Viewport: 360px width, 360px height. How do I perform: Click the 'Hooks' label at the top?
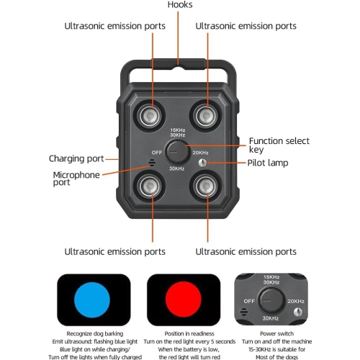tap(180, 4)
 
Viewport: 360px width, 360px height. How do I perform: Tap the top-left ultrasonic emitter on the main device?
tap(150, 116)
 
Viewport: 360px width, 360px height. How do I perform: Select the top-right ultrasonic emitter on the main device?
tap(206, 116)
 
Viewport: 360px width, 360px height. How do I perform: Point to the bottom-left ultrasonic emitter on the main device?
tap(150, 186)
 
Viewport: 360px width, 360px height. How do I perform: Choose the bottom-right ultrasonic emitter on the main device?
tap(206, 186)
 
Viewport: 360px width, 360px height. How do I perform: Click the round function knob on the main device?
tap(178, 152)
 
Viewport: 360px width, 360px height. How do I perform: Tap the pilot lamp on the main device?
tap(203, 163)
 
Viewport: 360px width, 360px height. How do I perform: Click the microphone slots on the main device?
tap(152, 163)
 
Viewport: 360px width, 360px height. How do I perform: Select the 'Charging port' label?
tap(76, 158)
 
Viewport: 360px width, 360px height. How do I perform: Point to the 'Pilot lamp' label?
tap(268, 163)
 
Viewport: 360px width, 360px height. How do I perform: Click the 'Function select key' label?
tap(279, 145)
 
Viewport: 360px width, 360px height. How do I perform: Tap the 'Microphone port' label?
tap(76, 179)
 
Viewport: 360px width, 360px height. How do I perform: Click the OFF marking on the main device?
tap(157, 153)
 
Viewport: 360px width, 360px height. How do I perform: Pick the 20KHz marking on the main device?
tap(200, 153)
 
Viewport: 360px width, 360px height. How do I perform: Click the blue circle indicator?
tap(92, 300)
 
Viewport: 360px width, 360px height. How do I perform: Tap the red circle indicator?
tap(184, 300)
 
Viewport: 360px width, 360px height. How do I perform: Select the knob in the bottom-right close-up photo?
tap(271, 300)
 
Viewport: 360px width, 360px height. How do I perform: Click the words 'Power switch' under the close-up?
tap(276, 333)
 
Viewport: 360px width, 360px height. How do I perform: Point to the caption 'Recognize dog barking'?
tap(95, 333)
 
